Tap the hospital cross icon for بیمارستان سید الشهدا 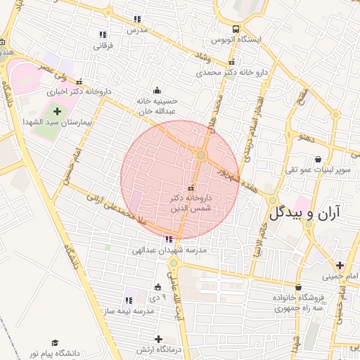coord(57,110)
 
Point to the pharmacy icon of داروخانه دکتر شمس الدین coord(191,188)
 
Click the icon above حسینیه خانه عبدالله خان coord(156,90)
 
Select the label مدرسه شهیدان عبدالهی coord(170,250)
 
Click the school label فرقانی coord(103,46)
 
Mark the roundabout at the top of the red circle coord(201,155)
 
